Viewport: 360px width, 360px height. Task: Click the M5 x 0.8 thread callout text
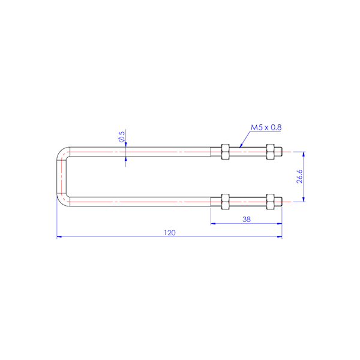(x=266, y=127)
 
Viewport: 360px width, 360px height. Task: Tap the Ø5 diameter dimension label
(x=122, y=137)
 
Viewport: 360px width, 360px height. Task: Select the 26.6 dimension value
(x=298, y=176)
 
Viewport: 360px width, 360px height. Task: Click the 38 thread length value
(x=246, y=220)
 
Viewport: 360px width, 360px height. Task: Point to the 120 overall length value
(x=170, y=232)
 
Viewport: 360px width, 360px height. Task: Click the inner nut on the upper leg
(x=225, y=152)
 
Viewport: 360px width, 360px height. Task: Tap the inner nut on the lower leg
(x=225, y=201)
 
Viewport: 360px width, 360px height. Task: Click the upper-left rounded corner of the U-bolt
(x=61, y=154)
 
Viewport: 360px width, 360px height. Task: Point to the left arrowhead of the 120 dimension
(x=58, y=236)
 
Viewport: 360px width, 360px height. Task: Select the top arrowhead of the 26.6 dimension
(x=304, y=154)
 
